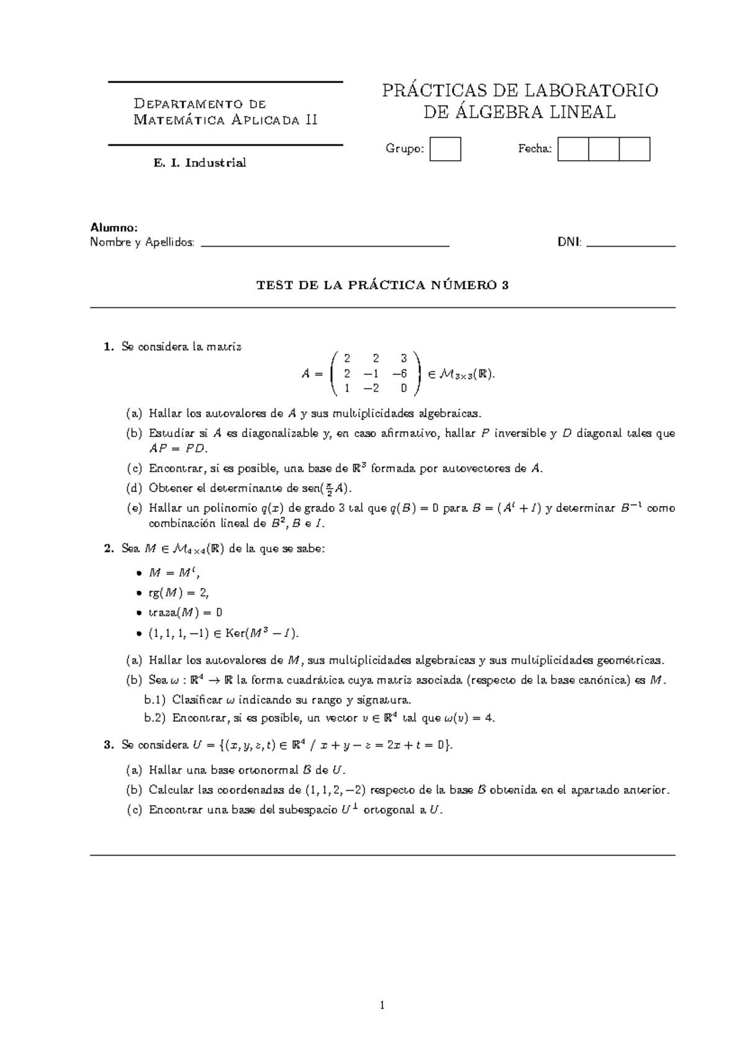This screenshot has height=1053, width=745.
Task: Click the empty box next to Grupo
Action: pos(445,149)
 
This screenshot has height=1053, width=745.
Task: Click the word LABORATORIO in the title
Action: pos(592,91)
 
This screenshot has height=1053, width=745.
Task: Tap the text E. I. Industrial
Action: pos(200,163)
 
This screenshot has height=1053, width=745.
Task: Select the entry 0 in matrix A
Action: pos(403,389)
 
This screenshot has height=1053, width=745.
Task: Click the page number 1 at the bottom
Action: pos(383,1006)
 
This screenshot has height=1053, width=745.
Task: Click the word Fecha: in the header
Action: pos(535,149)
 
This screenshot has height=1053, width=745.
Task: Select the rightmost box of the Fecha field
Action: pos(634,149)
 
